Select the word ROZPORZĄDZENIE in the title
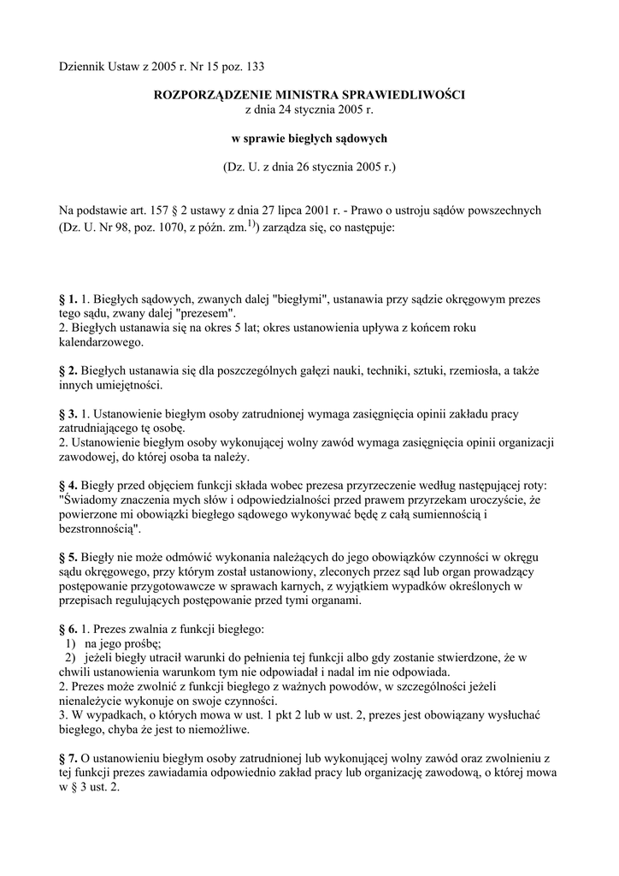[x=209, y=95]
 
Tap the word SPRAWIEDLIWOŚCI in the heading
[x=415, y=95]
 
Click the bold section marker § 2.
[x=68, y=370]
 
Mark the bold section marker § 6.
[x=68, y=629]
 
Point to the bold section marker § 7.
[x=68, y=758]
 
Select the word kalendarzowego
[x=101, y=342]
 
